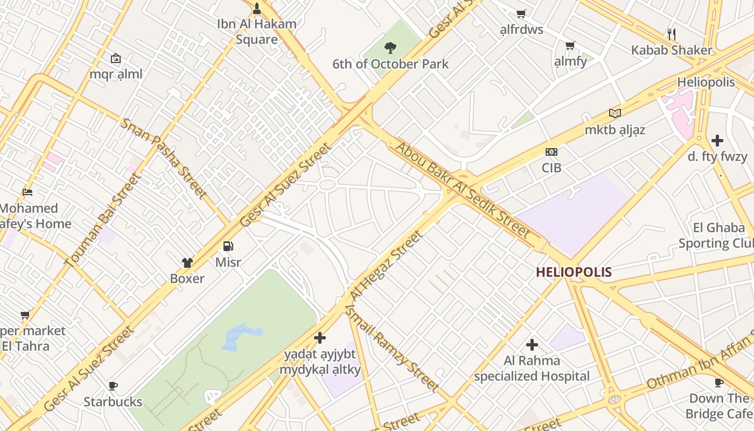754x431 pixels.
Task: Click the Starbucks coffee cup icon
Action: pyautogui.click(x=113, y=385)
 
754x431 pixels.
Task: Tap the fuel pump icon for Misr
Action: pyautogui.click(x=228, y=246)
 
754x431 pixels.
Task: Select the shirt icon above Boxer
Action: pyautogui.click(x=187, y=262)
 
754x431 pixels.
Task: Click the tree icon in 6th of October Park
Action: pyautogui.click(x=390, y=48)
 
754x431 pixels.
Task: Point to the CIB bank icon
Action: pyautogui.click(x=551, y=152)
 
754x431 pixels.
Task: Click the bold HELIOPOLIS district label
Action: pyautogui.click(x=574, y=272)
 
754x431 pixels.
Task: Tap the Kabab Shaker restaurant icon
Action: pyautogui.click(x=671, y=34)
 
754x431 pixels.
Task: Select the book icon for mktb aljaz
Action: pyautogui.click(x=615, y=113)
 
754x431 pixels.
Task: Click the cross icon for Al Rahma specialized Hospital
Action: pyautogui.click(x=532, y=344)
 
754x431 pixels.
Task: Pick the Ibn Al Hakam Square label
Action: pyautogui.click(x=257, y=31)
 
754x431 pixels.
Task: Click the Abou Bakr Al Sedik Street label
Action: pyautogui.click(x=463, y=190)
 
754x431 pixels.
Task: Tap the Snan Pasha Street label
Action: pyautogui.click(x=164, y=158)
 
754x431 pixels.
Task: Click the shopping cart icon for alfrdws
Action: pyautogui.click(x=521, y=13)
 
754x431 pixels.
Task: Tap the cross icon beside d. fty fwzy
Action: pyautogui.click(x=717, y=141)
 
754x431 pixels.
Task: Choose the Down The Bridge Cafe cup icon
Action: pyautogui.click(x=718, y=383)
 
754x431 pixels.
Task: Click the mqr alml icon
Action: pyautogui.click(x=116, y=58)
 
